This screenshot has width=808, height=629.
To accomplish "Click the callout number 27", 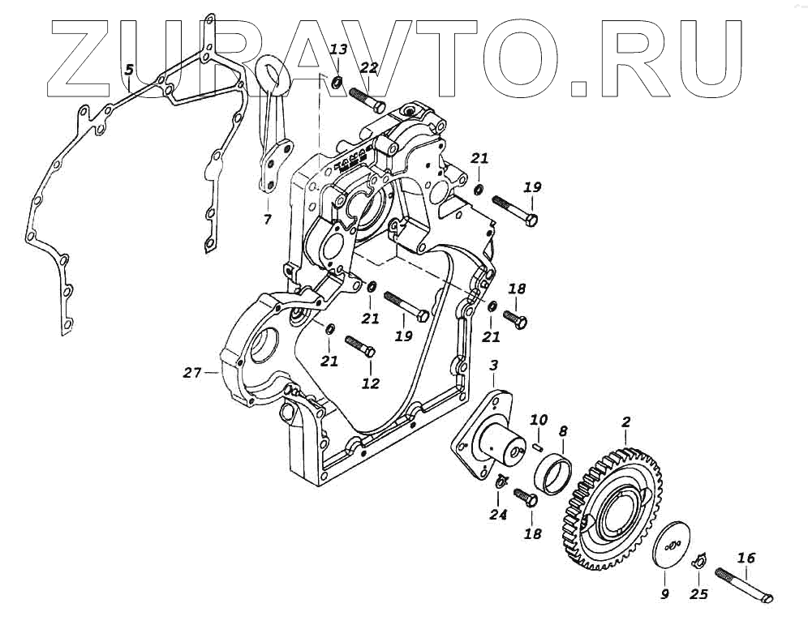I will pyautogui.click(x=191, y=373).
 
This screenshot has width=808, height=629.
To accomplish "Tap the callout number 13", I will pyautogui.click(x=339, y=50).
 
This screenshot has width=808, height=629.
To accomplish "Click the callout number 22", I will pyautogui.click(x=368, y=69).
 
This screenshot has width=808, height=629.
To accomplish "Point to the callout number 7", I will pyautogui.click(x=268, y=219).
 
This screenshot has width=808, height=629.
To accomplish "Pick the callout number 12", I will pyautogui.click(x=371, y=383).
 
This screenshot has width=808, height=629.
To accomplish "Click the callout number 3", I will pyautogui.click(x=493, y=368).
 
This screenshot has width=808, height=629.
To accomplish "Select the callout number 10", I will pyautogui.click(x=539, y=419).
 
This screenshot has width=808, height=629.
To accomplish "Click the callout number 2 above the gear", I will pyautogui.click(x=625, y=421).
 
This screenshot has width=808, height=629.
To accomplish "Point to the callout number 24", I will pyautogui.click(x=498, y=514).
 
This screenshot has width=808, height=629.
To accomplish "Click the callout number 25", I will pyautogui.click(x=698, y=593).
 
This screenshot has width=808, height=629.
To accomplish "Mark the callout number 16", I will pyautogui.click(x=746, y=558).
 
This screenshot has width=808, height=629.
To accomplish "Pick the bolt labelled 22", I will pyautogui.click(x=367, y=101).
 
